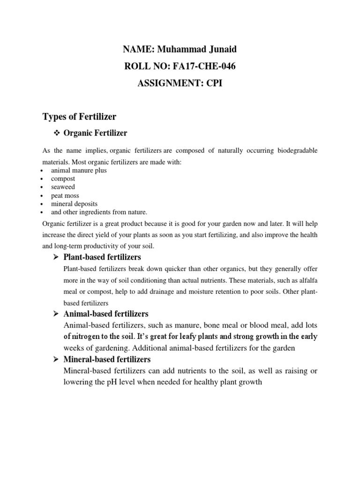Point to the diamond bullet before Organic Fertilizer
58,134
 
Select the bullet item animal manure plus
79,171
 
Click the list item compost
63,179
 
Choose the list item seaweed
63,187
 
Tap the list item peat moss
65,195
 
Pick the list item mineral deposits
74,204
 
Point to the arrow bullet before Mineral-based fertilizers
55,360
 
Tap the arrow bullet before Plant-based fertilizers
55,257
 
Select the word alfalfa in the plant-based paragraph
307,280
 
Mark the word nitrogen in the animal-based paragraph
87,337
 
